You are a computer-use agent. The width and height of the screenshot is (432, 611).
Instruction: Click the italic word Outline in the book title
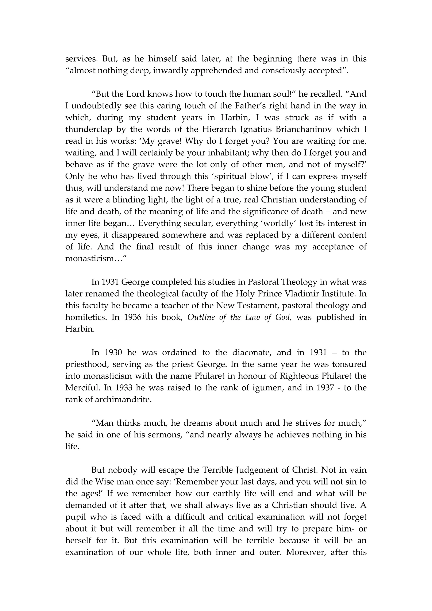[x=201, y=317]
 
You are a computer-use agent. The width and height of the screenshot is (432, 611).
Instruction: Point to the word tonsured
[x=349, y=364]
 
